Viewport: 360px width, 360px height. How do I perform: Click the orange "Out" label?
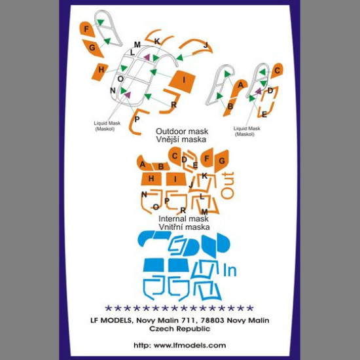pyautogui.click(x=228, y=185)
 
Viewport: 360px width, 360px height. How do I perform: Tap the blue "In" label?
pyautogui.click(x=230, y=271)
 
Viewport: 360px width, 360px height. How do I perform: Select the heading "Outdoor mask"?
pyautogui.click(x=182, y=132)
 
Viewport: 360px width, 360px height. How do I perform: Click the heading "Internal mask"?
pyautogui.click(x=184, y=219)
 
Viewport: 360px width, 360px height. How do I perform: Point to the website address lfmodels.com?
pyautogui.click(x=180, y=346)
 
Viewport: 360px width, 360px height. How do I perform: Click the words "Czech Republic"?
pyautogui.click(x=180, y=329)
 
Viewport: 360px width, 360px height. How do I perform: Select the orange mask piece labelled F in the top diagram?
pyautogui.click(x=86, y=29)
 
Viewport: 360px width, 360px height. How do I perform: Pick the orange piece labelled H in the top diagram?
pyautogui.click(x=100, y=71)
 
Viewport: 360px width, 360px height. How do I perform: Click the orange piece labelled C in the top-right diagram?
pyautogui.click(x=277, y=71)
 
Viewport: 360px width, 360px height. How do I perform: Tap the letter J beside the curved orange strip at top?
pyautogui.click(x=206, y=45)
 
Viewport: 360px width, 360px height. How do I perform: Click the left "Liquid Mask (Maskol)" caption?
pyautogui.click(x=107, y=126)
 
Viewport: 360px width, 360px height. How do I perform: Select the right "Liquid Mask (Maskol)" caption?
pyautogui.click(x=247, y=132)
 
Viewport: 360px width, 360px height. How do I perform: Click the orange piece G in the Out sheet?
pyautogui.click(x=221, y=161)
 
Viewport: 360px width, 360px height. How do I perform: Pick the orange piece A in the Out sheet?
pyautogui.click(x=145, y=164)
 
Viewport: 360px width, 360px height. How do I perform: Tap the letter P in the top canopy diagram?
pyautogui.click(x=137, y=119)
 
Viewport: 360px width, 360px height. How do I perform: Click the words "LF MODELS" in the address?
pyautogui.click(x=111, y=320)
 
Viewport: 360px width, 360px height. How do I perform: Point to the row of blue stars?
pyautogui.click(x=179, y=308)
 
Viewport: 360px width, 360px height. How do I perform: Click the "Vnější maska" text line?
pyautogui.click(x=181, y=139)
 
